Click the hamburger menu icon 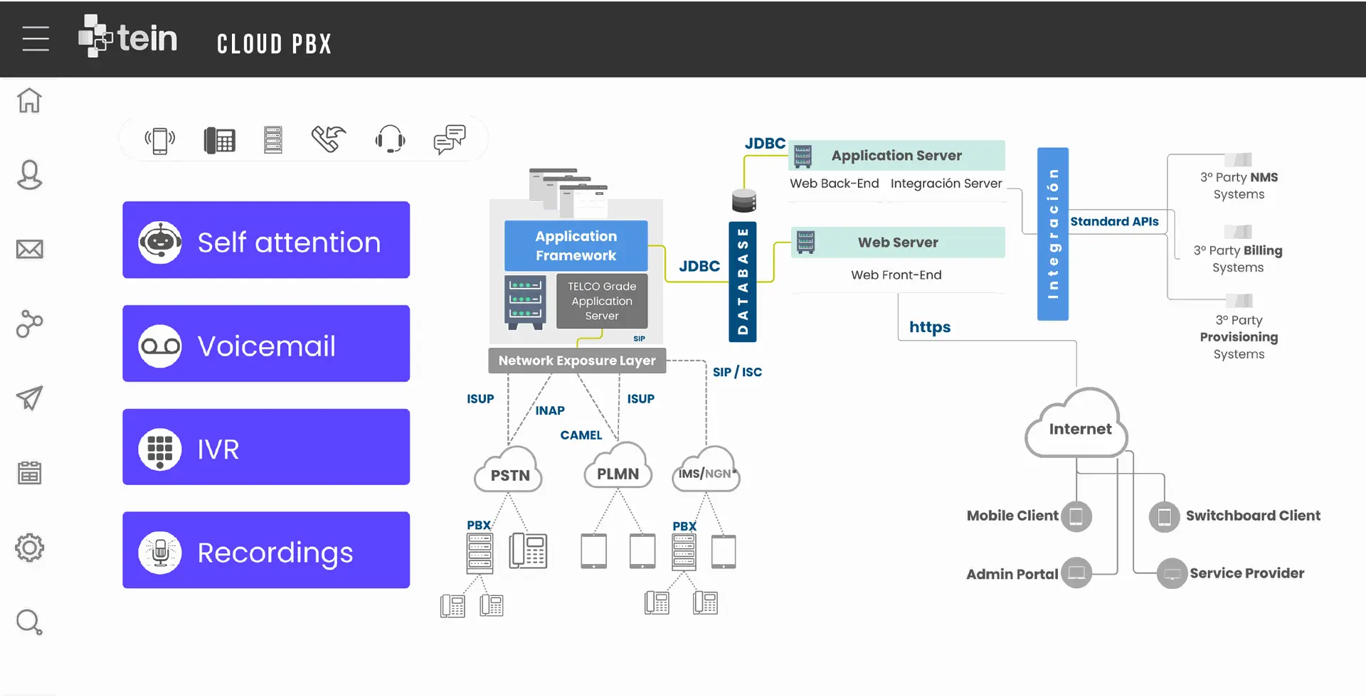pos(36,38)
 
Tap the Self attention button pos(266,240)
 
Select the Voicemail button pos(266,344)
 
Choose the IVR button pos(266,447)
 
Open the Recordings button pos(266,550)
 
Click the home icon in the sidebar pos(29,100)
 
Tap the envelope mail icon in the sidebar pos(29,249)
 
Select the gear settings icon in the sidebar pos(29,548)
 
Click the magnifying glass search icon pos(29,622)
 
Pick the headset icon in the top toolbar pos(390,139)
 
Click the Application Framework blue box pos(576,245)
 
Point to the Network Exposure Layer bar pos(577,361)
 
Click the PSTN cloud pos(509,472)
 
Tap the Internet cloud pos(1079,427)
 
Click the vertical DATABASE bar pos(743,282)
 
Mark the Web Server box pos(898,243)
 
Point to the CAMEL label pos(581,435)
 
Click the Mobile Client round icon pos(1076,516)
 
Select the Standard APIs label pos(1114,222)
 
